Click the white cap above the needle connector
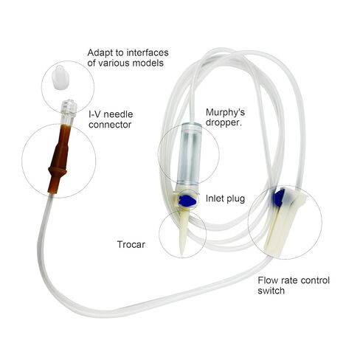[60, 77]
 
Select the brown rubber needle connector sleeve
[59, 159]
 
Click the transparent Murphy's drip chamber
[190, 153]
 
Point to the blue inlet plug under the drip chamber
[187, 201]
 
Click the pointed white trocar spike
[183, 230]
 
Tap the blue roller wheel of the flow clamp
[280, 198]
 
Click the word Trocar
[131, 245]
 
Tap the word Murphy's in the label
[225, 113]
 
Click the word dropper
[224, 122]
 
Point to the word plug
[236, 199]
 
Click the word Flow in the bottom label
[268, 280]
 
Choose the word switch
[271, 291]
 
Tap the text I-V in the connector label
[95, 114]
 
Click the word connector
[110, 125]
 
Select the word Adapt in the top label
[100, 53]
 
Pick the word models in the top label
[148, 63]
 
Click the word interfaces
[148, 52]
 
